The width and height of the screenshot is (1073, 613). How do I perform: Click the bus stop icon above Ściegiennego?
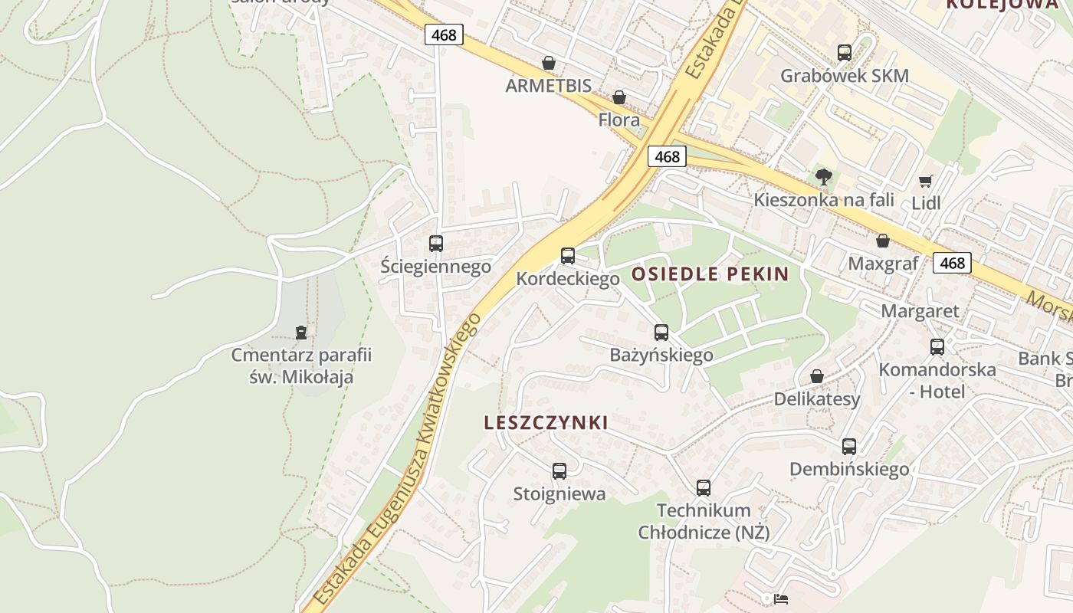(x=436, y=244)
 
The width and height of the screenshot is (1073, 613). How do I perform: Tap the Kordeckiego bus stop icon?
(x=568, y=256)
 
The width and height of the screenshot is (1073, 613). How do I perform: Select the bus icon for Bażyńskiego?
(x=661, y=333)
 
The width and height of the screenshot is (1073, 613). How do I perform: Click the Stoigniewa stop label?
(x=559, y=494)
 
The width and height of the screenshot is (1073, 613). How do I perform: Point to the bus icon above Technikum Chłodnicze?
(x=704, y=487)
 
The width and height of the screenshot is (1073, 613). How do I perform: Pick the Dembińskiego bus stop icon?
(x=849, y=447)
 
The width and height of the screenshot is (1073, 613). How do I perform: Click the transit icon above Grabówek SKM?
(x=845, y=53)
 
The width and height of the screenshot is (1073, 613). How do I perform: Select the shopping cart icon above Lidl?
(x=926, y=182)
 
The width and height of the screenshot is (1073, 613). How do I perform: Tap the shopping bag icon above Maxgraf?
(x=883, y=241)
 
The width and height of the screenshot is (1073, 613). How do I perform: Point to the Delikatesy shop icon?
(x=817, y=376)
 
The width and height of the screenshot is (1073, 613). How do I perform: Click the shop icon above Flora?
(x=619, y=97)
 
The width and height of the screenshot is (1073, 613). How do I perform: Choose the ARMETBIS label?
(x=549, y=85)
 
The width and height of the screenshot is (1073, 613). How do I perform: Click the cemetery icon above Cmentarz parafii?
(x=301, y=333)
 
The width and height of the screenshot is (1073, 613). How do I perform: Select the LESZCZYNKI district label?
(x=546, y=422)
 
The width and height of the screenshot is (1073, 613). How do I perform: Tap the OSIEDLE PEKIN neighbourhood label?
(x=710, y=274)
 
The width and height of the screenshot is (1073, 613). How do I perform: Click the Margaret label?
(x=920, y=311)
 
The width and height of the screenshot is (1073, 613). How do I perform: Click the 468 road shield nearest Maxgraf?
(x=952, y=263)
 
